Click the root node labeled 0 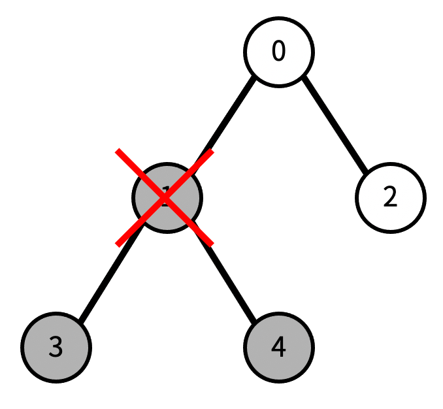pos(279,52)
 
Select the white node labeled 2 pos(390,197)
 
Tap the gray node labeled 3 pos(56,347)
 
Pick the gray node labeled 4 pos(279,347)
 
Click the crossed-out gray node pos(167,197)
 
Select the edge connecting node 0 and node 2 pos(335,124)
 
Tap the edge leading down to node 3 pos(108,277)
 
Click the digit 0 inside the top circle pos(279,52)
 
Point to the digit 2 pos(390,197)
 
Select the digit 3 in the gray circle pos(56,347)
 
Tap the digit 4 pos(279,347)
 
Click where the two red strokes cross pos(165,197)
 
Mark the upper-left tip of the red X pos(118,151)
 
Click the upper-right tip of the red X pos(212,151)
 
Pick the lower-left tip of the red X pos(118,244)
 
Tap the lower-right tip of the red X pos(212,244)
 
